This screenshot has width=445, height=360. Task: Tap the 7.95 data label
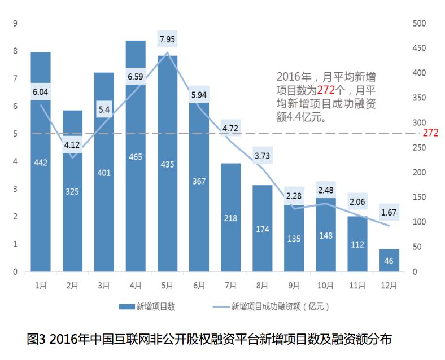[167, 39]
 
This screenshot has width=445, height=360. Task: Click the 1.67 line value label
[389, 212]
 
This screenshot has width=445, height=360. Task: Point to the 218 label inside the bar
[230, 218]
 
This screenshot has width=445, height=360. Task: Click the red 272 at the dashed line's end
[430, 133]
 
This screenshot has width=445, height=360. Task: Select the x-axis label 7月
[230, 286]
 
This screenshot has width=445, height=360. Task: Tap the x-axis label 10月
[325, 286]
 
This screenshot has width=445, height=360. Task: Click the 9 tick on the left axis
[15, 23]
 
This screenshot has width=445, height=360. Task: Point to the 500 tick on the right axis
[419, 23]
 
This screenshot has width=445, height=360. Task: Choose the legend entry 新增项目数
[148, 307]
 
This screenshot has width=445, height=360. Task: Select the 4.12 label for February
[72, 145]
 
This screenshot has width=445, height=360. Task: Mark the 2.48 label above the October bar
[325, 190]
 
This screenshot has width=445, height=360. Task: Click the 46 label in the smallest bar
[389, 261]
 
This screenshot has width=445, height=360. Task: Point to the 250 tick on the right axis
[419, 147]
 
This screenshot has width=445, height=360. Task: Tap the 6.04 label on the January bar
[41, 91]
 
